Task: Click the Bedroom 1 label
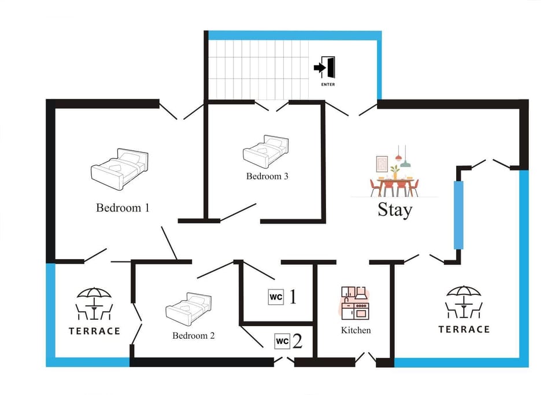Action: (x=123, y=208)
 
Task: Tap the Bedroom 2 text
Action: (x=194, y=335)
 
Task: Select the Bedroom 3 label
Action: (x=267, y=176)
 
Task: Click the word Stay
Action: (x=395, y=209)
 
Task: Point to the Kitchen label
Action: (x=356, y=330)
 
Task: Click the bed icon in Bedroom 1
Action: (x=120, y=169)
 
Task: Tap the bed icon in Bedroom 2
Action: (x=188, y=309)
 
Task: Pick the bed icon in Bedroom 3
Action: (x=265, y=152)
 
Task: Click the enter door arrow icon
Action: (x=324, y=67)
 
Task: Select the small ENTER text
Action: (x=328, y=84)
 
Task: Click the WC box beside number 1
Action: (x=276, y=297)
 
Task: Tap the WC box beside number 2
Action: (x=282, y=341)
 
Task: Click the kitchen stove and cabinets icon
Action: (x=355, y=302)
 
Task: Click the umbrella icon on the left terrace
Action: (x=94, y=303)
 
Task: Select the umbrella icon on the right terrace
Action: (x=464, y=302)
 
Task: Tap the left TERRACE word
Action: (x=94, y=331)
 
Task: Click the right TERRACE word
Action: (x=464, y=330)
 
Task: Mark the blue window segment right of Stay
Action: (x=458, y=215)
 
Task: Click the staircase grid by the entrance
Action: (x=258, y=70)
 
